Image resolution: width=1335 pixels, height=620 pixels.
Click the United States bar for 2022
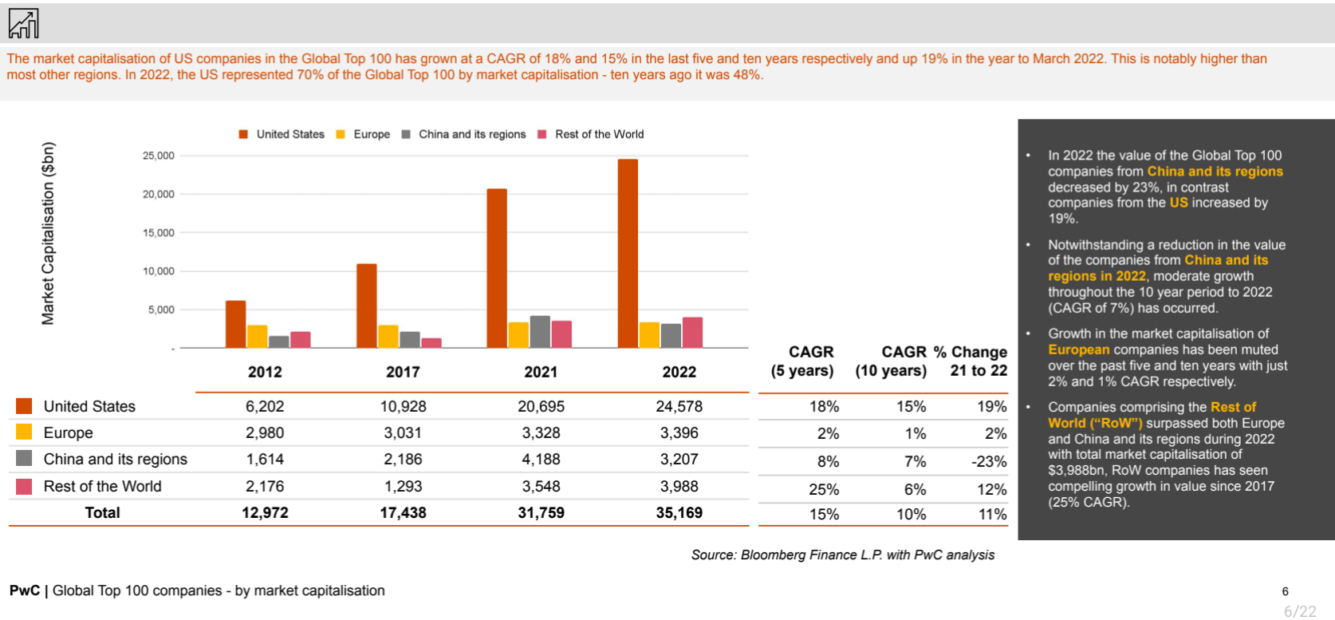click(x=628, y=254)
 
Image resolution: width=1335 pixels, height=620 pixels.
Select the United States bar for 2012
click(x=235, y=325)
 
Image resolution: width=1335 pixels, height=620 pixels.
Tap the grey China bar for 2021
click(x=540, y=332)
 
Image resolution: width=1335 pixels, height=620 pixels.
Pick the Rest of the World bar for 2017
click(x=431, y=343)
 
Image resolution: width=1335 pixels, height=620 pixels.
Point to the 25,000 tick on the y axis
click(x=158, y=156)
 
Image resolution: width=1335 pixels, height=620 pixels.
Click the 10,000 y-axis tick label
click(x=158, y=271)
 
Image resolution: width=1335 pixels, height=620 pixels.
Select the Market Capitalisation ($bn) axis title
click(x=49, y=233)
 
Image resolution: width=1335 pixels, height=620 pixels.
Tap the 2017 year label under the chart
click(x=403, y=372)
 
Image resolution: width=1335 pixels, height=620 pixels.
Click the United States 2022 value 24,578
click(x=679, y=406)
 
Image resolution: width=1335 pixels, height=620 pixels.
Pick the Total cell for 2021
click(x=541, y=513)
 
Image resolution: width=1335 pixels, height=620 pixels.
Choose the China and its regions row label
click(x=115, y=459)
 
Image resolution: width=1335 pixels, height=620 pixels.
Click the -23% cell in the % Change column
click(x=989, y=461)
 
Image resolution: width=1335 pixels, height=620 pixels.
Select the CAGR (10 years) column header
click(x=891, y=361)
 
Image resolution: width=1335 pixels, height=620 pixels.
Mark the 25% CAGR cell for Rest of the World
click(x=824, y=489)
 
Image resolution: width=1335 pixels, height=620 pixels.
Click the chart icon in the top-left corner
click(x=23, y=23)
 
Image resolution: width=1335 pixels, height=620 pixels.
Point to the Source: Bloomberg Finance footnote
click(x=842, y=555)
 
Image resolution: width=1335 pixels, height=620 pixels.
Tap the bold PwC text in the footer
click(x=24, y=590)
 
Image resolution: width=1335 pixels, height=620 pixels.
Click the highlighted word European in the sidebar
click(x=1078, y=349)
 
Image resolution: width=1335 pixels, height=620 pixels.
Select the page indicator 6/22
click(x=1300, y=611)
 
